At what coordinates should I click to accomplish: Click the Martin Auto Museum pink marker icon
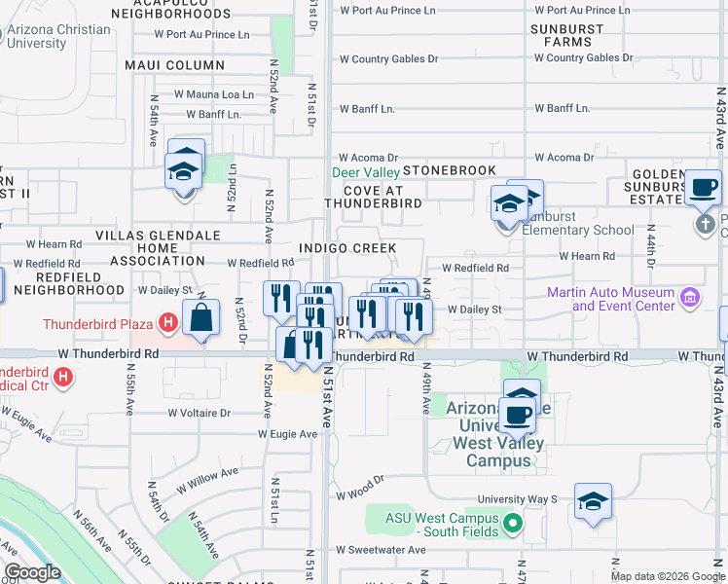690,296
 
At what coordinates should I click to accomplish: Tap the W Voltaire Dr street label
199,413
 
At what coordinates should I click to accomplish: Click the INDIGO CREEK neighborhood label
347,248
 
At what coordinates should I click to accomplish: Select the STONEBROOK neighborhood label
449,170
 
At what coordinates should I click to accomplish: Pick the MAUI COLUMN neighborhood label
174,65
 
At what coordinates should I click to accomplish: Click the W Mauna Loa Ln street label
213,94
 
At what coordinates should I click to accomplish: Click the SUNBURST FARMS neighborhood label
566,36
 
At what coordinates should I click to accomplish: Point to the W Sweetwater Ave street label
382,550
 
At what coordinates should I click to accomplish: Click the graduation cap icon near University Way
593,502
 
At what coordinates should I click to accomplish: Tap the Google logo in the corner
32,571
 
